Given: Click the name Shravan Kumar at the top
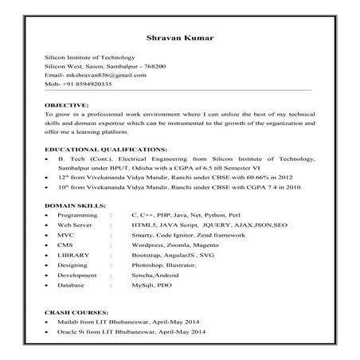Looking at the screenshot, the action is (179, 37).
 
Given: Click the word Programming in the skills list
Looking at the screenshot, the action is (77, 216).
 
